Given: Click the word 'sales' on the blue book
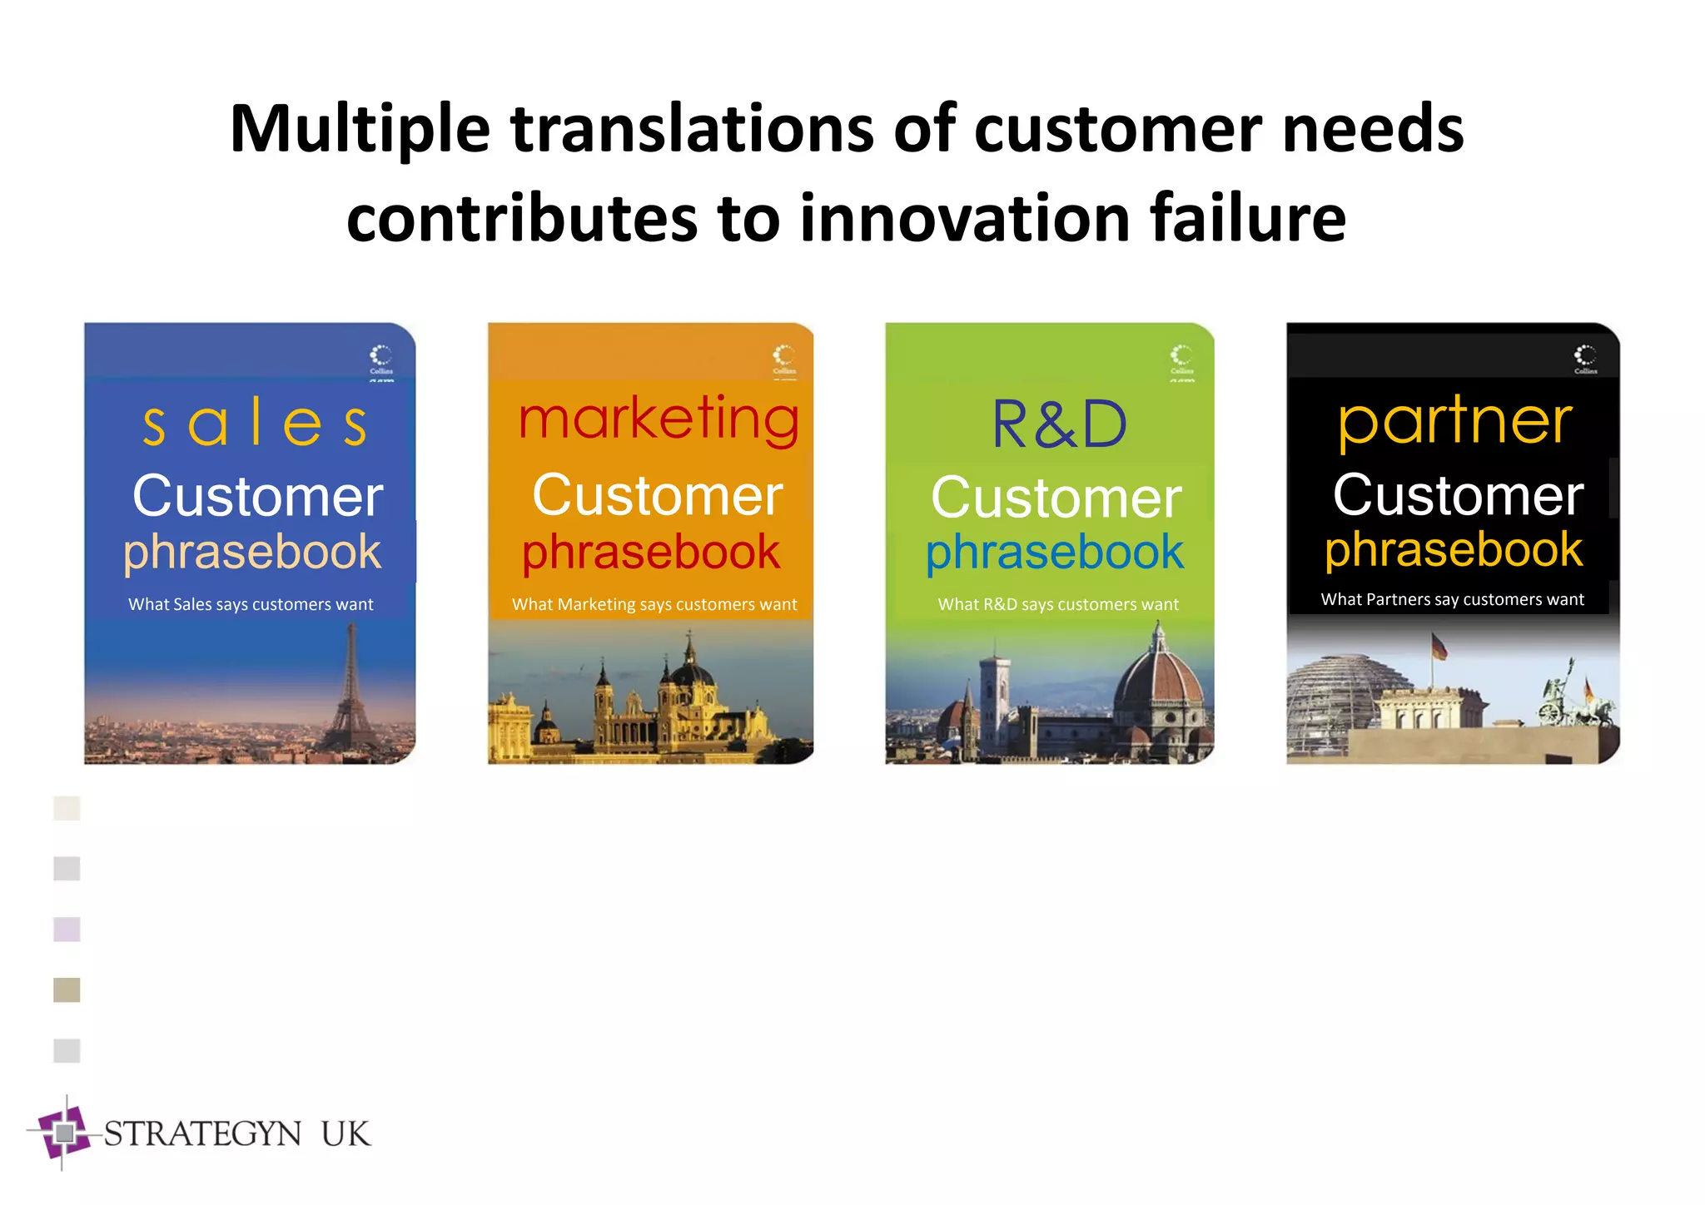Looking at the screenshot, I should point(254,424).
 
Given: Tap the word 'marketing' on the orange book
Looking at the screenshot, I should point(658,419).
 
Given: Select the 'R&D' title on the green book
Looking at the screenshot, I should point(1059,424).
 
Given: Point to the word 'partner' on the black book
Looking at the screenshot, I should point(1455,422).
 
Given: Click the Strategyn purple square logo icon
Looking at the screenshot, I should point(64,1133).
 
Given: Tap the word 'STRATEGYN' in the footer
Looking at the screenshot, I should point(202,1134).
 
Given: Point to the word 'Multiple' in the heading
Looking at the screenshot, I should point(360,129).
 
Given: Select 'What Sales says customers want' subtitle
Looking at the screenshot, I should point(251,604).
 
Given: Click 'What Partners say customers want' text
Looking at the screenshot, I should point(1452,599).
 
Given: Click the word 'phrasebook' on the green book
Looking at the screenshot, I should point(1054,552).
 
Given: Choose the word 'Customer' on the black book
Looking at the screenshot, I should point(1458,495).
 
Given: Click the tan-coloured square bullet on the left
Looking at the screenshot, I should point(67,989).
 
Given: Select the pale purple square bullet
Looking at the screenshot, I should point(67,929).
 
